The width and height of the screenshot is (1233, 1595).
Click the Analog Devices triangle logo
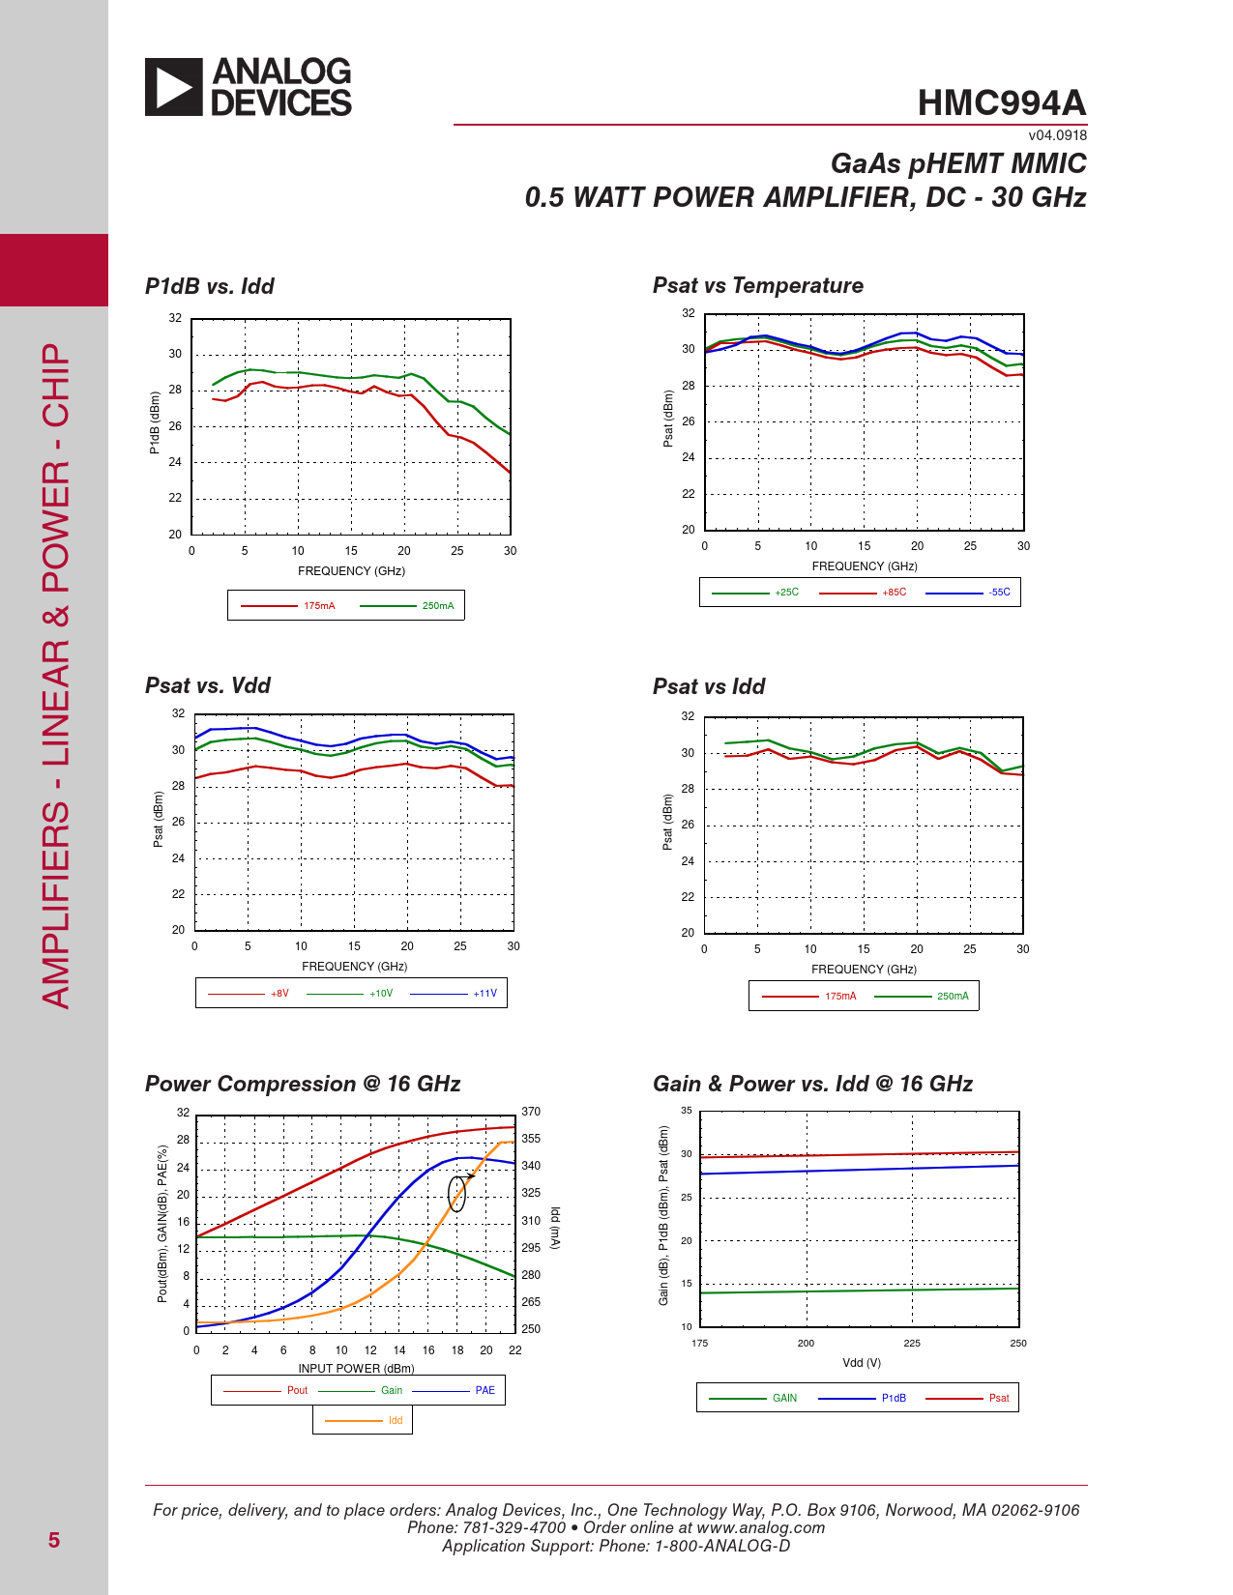pos(174,87)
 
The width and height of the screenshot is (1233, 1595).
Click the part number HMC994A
pos(1002,103)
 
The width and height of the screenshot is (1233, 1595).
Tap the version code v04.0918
pos(1057,135)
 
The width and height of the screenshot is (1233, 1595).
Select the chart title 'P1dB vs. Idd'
pos(209,286)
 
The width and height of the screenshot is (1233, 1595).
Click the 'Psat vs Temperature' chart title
pos(757,285)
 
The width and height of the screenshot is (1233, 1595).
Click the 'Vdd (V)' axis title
pos(861,1363)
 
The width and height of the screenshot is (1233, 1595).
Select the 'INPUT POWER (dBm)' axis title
pos(356,1369)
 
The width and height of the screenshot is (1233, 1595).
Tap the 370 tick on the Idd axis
pos(531,1112)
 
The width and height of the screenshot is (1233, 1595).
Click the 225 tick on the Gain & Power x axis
pos(912,1344)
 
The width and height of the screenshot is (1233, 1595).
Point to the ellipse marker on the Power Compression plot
pos(456,1194)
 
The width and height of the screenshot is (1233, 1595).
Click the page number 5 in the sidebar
pos(54,1541)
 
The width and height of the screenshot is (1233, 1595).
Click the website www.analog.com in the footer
pos(760,1528)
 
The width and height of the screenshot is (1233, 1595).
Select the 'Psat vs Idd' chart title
pos(708,686)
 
